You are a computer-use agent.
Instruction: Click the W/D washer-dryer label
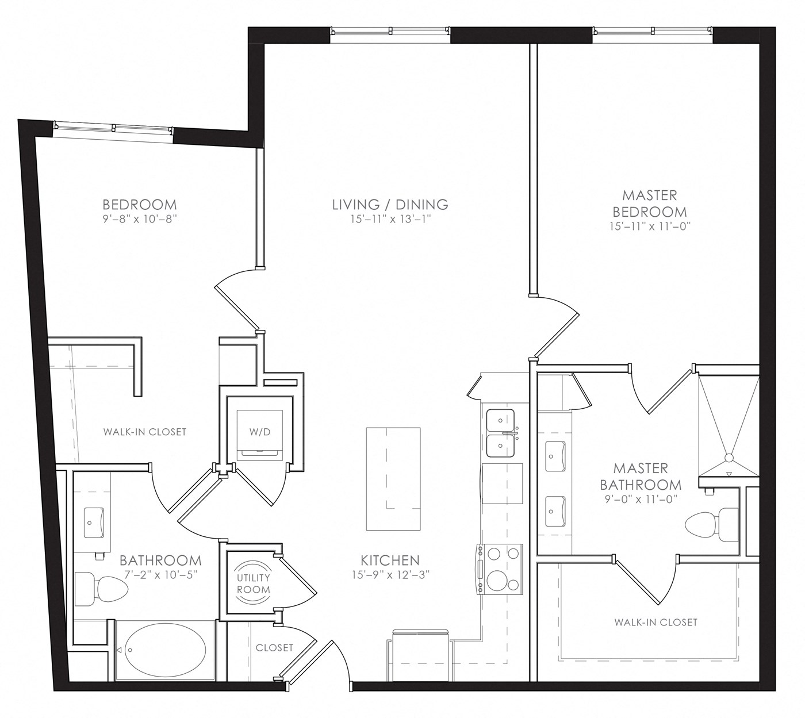(x=260, y=432)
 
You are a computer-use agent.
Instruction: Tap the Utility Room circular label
(x=253, y=583)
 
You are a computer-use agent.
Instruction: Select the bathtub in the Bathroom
(x=166, y=650)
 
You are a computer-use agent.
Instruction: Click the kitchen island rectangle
(x=393, y=479)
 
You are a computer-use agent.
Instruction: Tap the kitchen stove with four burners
(x=500, y=569)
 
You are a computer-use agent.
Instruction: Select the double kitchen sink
(x=500, y=434)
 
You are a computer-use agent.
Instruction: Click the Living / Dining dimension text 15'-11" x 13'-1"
(x=390, y=219)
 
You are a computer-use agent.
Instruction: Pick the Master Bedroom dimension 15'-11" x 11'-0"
(x=650, y=226)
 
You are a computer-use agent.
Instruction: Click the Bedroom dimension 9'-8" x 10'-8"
(x=140, y=219)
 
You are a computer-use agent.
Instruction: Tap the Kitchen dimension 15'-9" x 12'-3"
(x=390, y=575)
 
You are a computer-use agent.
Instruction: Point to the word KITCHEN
(x=390, y=560)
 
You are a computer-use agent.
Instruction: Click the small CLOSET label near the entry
(x=274, y=648)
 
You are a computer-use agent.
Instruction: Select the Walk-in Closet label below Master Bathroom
(x=655, y=622)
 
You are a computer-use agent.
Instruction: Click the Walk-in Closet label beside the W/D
(x=145, y=432)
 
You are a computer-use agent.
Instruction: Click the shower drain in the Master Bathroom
(x=729, y=458)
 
